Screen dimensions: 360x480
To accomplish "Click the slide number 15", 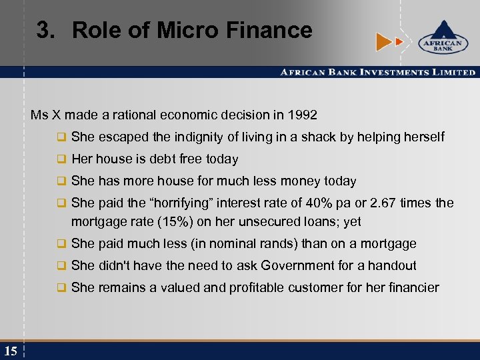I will [x=11, y=351].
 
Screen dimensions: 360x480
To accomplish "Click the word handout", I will [x=394, y=265].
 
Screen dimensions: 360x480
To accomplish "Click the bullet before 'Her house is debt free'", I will [x=61, y=159].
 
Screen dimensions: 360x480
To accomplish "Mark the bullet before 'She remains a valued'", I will [x=61, y=288].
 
